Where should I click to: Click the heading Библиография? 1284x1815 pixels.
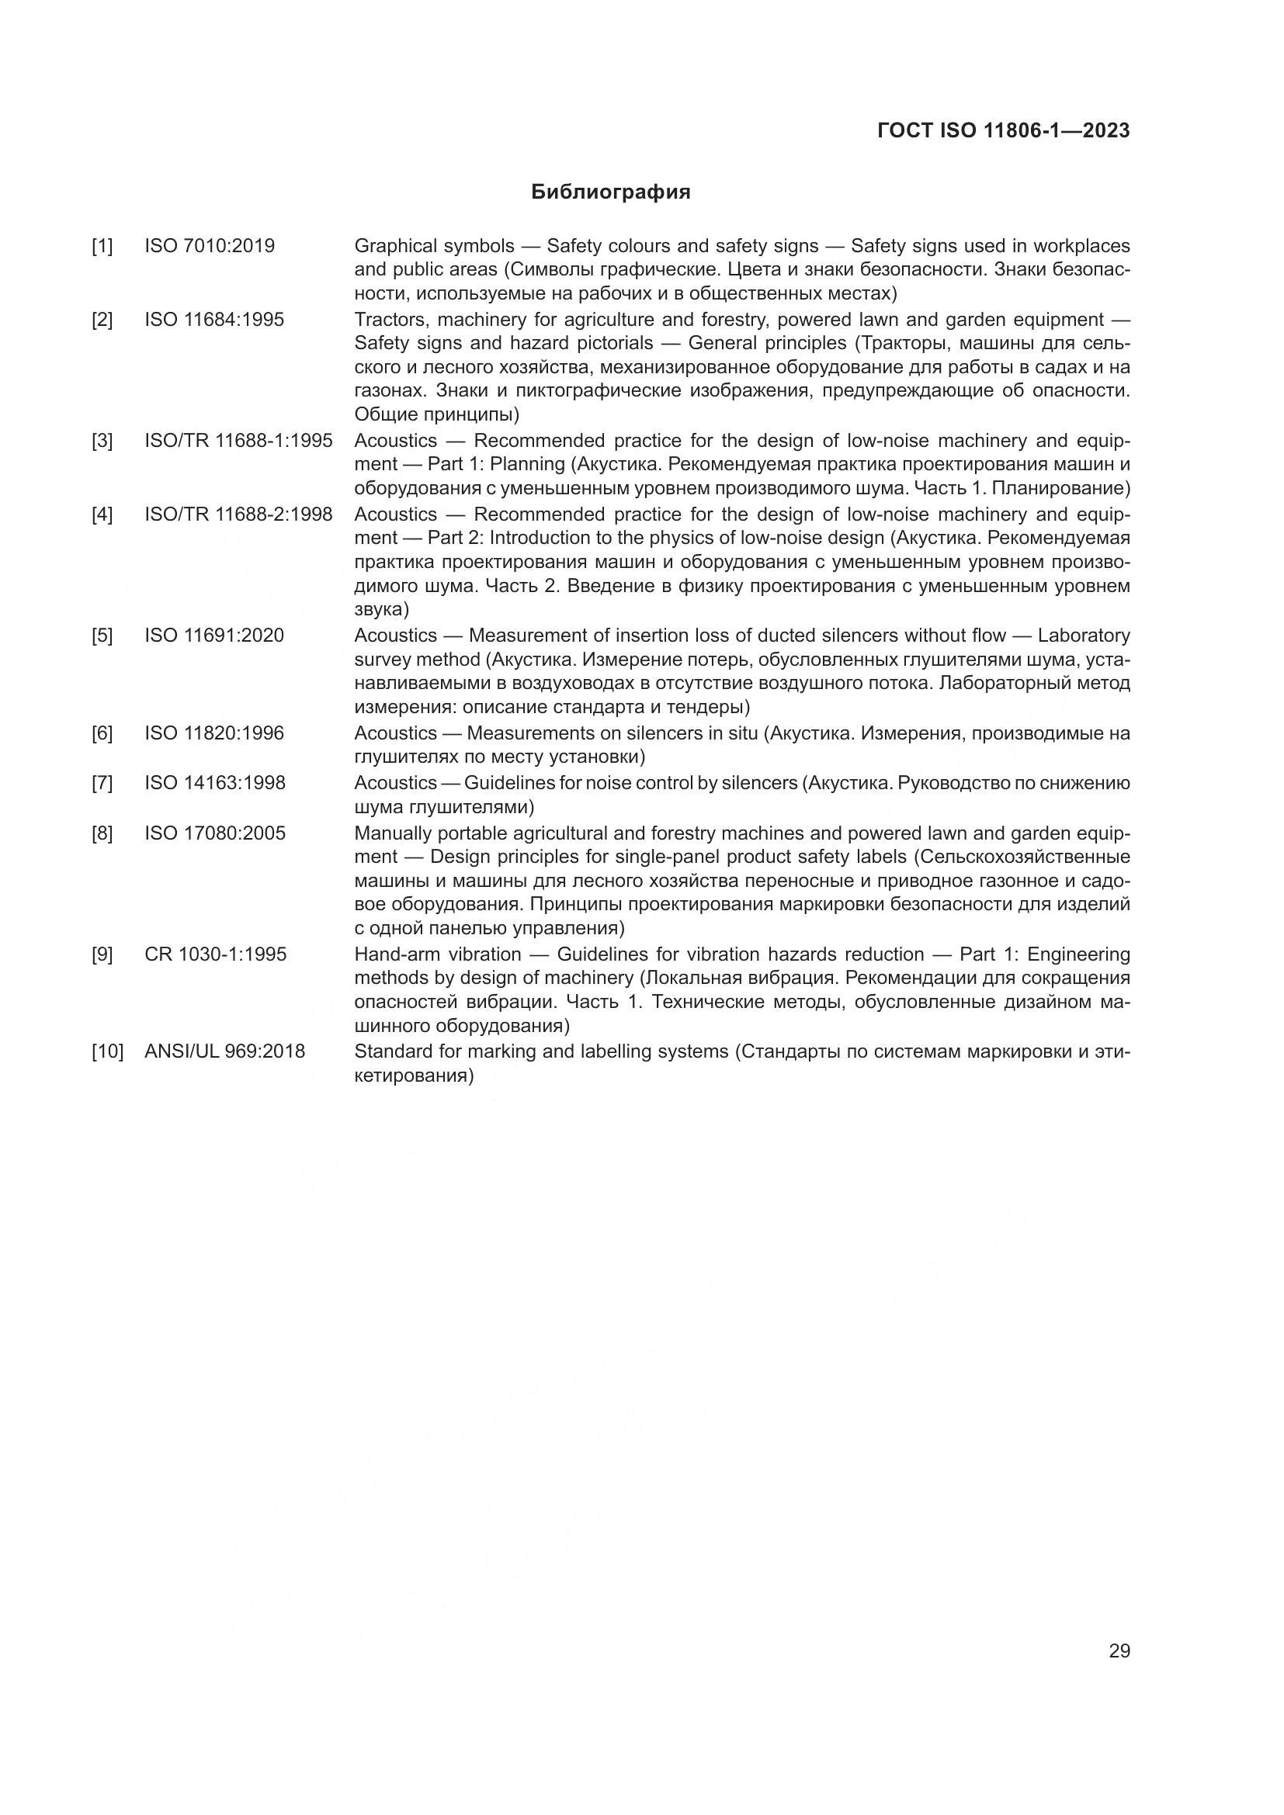610,192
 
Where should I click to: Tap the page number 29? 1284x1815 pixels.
1119,1650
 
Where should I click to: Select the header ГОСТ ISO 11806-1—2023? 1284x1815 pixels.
1003,131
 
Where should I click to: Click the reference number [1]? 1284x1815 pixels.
102,247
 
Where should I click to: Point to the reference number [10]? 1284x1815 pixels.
108,1051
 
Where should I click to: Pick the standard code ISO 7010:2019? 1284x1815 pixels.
210,246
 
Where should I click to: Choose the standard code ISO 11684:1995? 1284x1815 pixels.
214,320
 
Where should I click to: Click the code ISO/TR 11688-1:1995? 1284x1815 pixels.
238,440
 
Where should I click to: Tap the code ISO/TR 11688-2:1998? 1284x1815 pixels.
238,514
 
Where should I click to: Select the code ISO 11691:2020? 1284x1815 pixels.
214,636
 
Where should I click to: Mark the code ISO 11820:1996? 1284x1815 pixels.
214,733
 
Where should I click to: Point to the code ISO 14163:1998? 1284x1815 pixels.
215,783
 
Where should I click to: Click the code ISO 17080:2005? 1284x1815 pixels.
215,833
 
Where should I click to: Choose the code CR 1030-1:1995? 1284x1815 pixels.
215,954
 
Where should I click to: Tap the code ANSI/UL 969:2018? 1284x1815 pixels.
224,1051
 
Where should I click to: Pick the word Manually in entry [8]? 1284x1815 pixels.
390,833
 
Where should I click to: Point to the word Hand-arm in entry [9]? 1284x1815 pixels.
393,954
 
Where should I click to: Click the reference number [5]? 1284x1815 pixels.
102,636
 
